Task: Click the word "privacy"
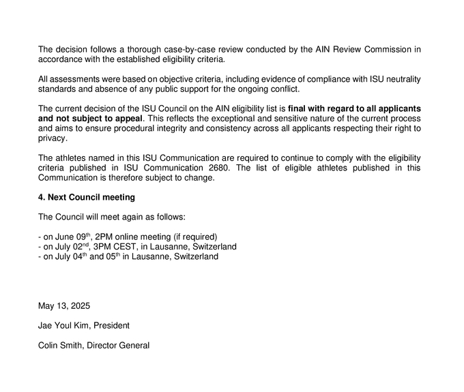coord(53,138)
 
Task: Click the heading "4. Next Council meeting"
coord(87,198)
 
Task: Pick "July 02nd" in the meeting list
coord(71,246)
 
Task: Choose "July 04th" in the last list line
coord(71,256)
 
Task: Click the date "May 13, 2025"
coord(64,306)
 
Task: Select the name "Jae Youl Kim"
coord(63,326)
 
